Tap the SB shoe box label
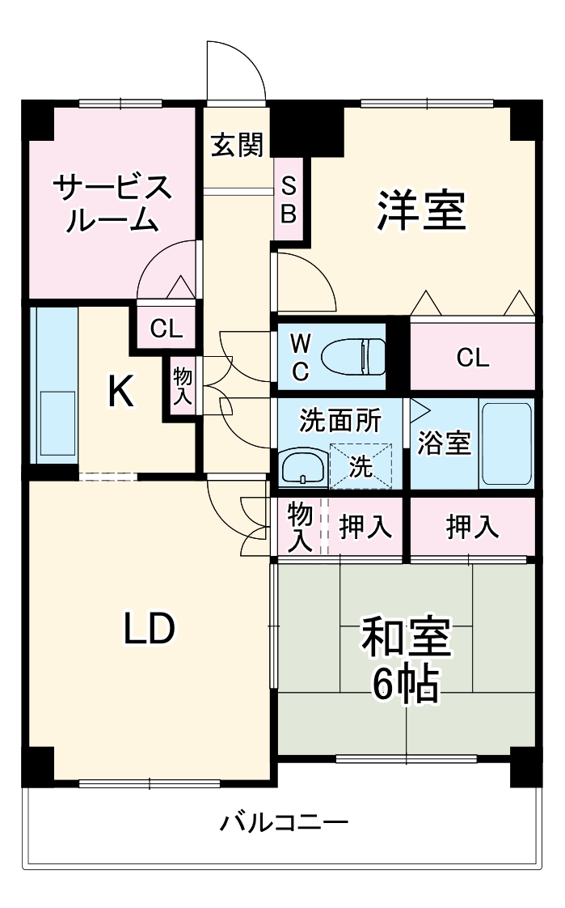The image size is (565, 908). coord(289,201)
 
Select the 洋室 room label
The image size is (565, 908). coord(420,210)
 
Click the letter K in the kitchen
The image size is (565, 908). coord(121,393)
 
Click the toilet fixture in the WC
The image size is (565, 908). coord(354,354)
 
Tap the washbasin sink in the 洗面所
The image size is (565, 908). coord(302,468)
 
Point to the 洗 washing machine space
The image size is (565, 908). coord(360,467)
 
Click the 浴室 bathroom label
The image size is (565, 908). coord(444,443)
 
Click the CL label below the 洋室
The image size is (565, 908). coord(472,357)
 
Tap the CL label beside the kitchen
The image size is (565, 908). coord(167,328)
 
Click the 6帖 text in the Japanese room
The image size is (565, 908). coord(405,685)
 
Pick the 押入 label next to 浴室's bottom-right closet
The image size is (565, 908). coord(472,527)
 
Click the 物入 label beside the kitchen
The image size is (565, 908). coord(182,386)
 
